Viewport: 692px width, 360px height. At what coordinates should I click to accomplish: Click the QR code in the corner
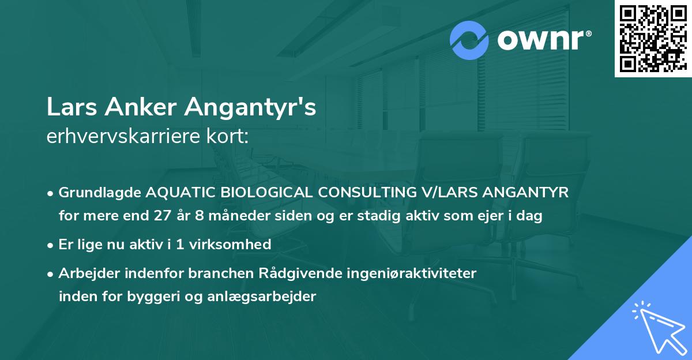(653, 38)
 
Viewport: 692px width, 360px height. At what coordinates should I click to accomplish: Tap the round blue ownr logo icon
(470, 41)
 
